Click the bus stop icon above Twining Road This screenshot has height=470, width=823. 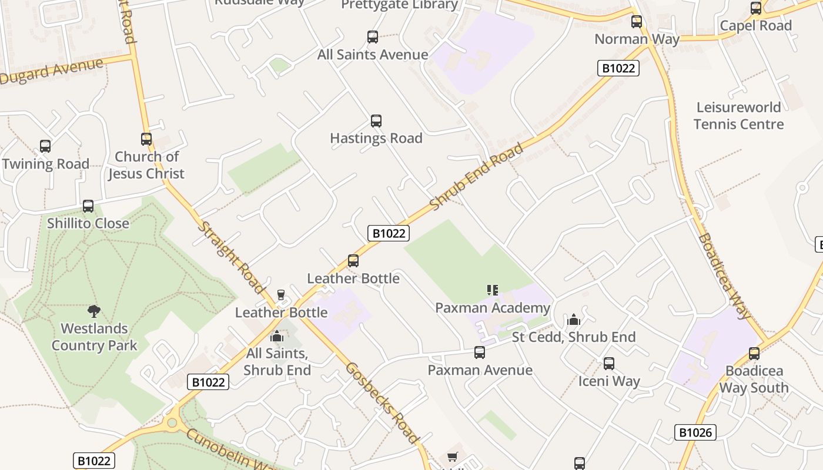(45, 146)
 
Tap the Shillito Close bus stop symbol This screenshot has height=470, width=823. (88, 206)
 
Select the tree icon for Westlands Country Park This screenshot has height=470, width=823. (93, 311)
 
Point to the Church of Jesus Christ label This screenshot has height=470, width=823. (146, 165)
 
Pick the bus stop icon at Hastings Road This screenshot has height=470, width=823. (376, 121)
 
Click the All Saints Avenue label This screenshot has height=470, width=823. (373, 55)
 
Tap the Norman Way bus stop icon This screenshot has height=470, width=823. (637, 22)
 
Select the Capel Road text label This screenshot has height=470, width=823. (756, 26)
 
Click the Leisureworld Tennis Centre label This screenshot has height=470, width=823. (738, 116)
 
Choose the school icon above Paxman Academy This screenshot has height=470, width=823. (493, 290)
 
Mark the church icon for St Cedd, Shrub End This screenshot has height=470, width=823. (574, 320)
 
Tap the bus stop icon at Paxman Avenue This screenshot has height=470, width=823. (480, 352)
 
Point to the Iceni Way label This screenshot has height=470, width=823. (609, 381)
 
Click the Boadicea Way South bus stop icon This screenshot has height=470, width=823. (754, 354)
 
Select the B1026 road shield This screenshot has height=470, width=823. (695, 433)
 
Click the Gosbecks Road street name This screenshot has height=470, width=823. (382, 402)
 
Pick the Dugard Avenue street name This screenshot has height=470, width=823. (52, 70)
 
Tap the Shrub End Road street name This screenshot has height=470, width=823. (476, 177)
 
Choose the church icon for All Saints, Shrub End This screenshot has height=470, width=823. (277, 337)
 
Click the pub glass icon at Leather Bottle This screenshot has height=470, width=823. (281, 295)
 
